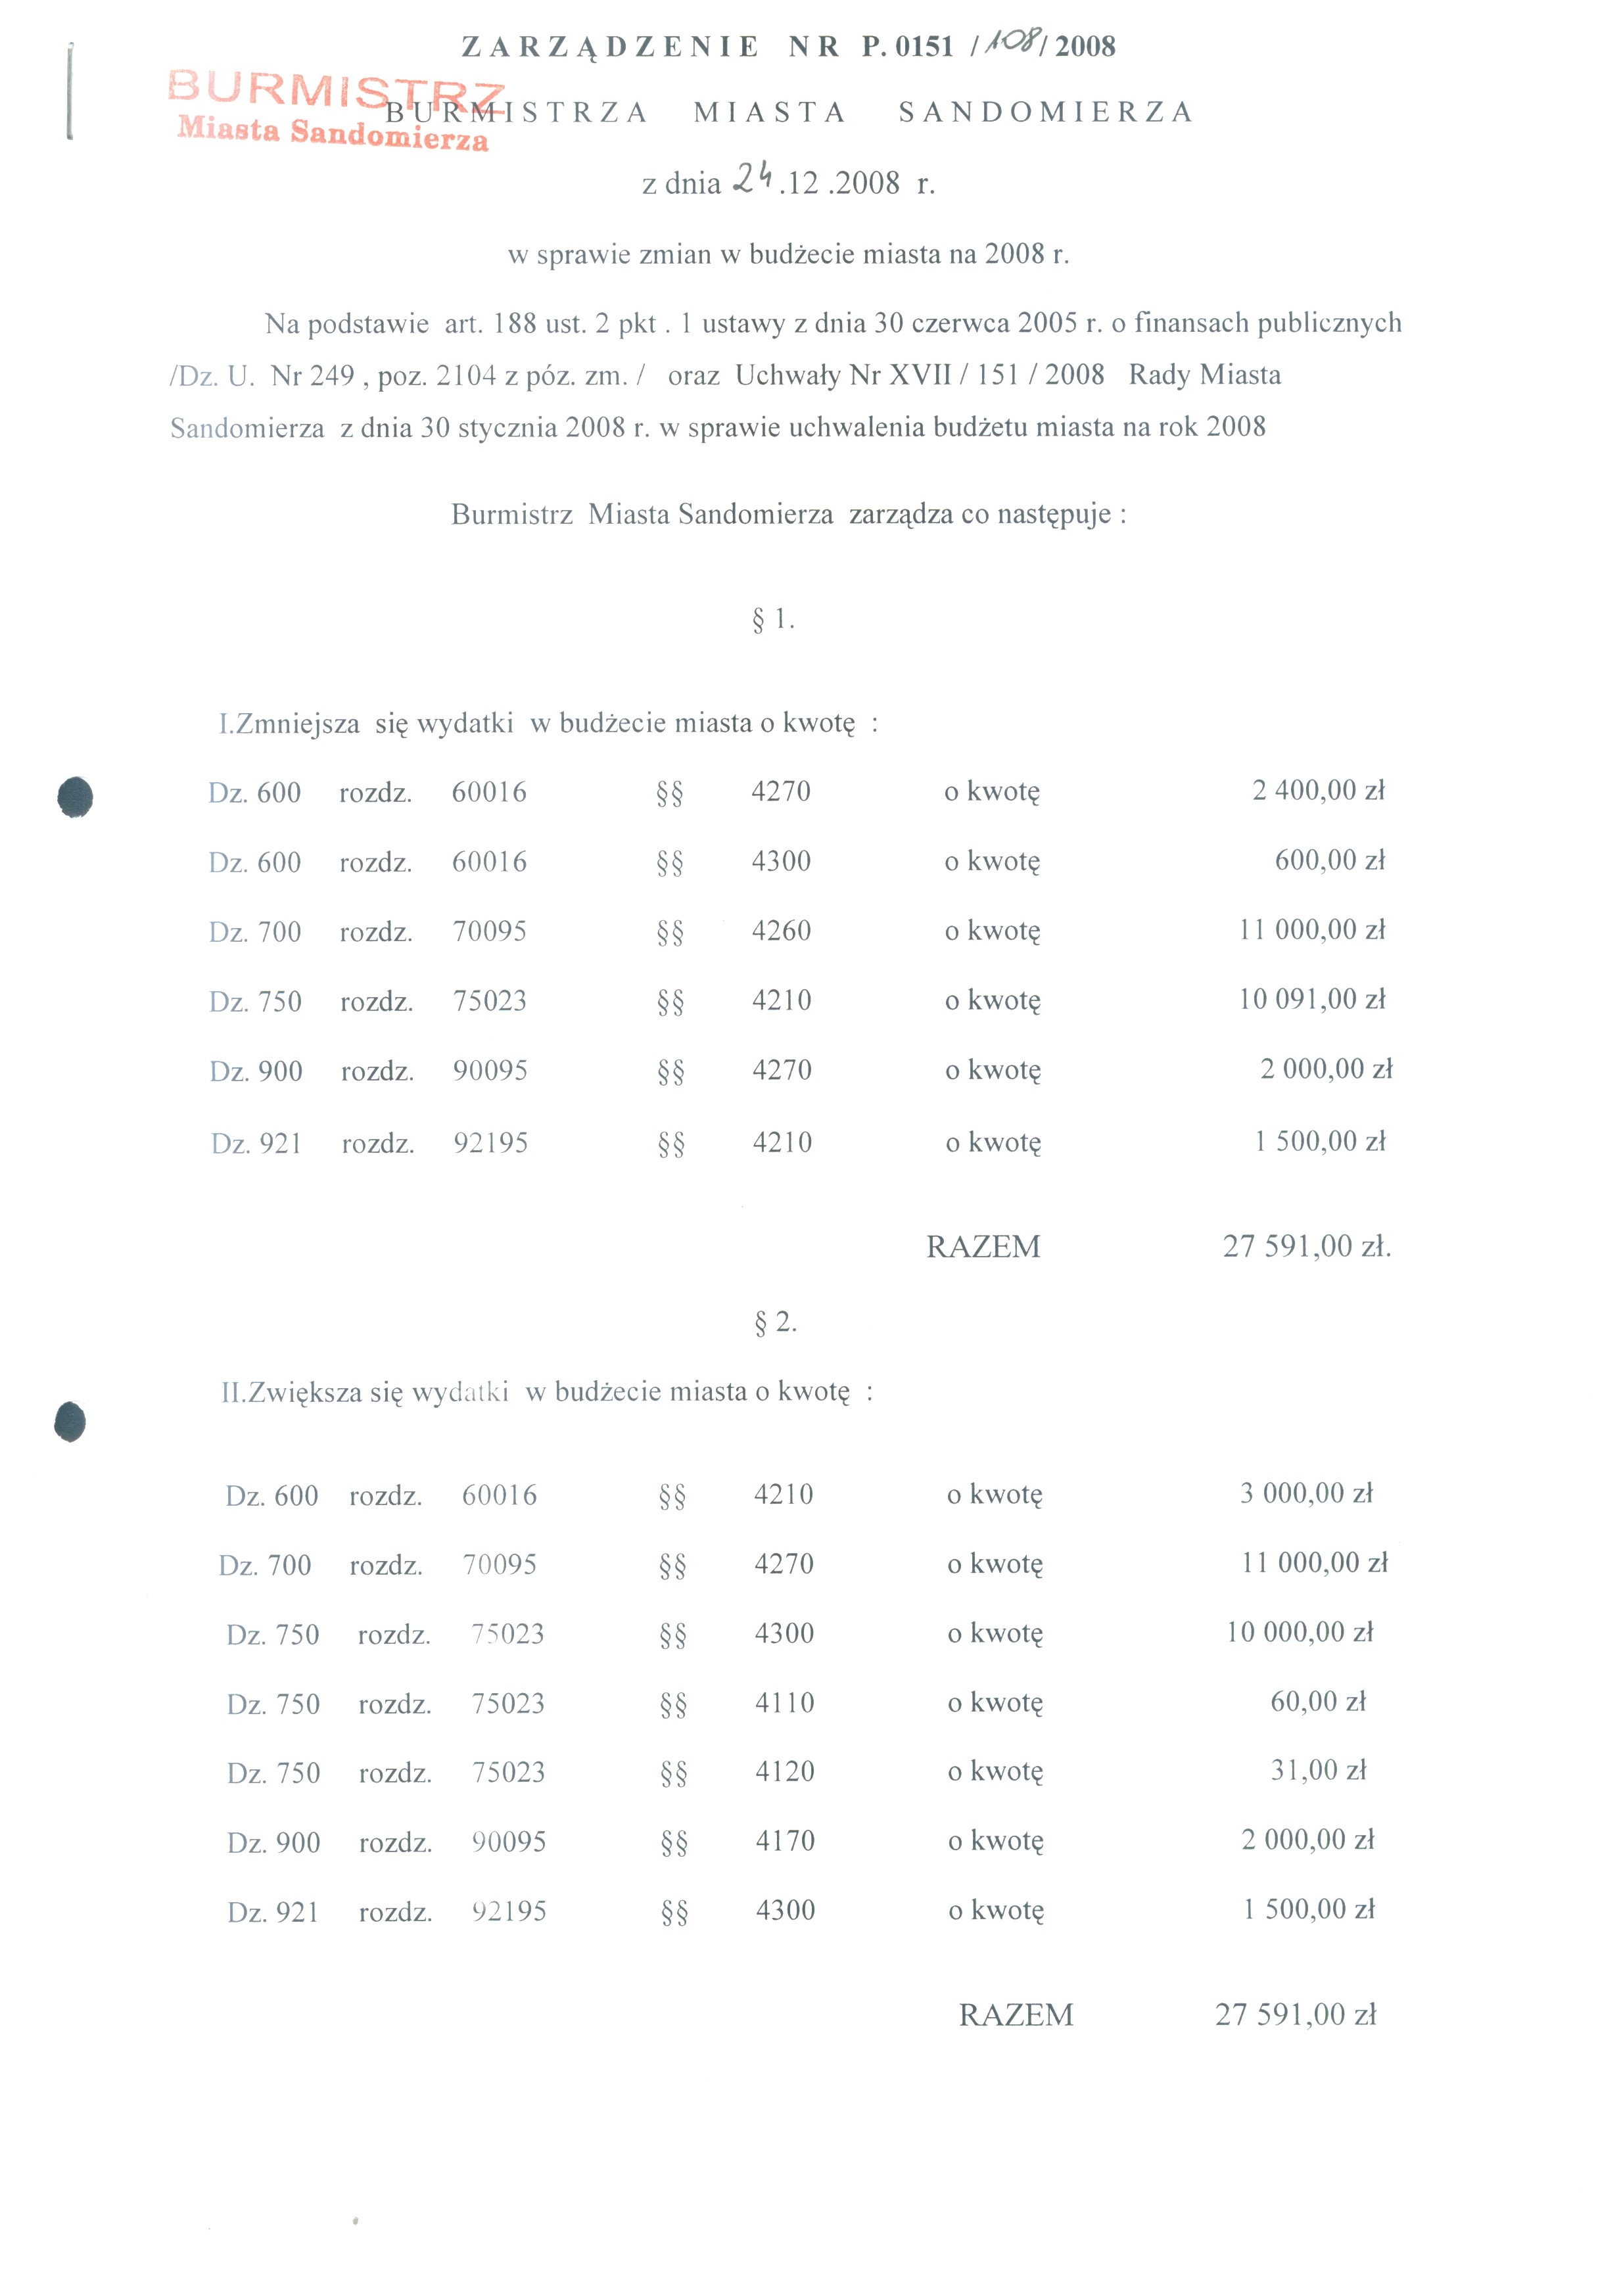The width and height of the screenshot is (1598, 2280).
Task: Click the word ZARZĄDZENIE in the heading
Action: click(x=610, y=47)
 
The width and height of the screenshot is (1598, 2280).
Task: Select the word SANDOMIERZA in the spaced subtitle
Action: click(x=1045, y=112)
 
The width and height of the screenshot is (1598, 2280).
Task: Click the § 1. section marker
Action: click(x=772, y=620)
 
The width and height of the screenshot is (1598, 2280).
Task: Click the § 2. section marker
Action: click(x=774, y=1322)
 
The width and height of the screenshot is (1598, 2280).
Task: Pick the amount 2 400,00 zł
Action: click(x=1317, y=791)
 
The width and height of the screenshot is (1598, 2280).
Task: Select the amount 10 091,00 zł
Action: click(x=1310, y=999)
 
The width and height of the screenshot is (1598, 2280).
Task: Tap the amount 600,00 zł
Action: click(x=1329, y=860)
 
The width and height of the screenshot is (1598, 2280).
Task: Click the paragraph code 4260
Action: click(x=781, y=931)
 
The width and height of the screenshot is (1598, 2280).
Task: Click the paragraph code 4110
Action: click(x=784, y=1702)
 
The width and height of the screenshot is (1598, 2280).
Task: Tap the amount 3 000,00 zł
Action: click(x=1305, y=1493)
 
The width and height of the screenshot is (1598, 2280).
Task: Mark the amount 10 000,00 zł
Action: click(x=1298, y=1631)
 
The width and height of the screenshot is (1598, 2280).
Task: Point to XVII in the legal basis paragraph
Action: click(x=920, y=375)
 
